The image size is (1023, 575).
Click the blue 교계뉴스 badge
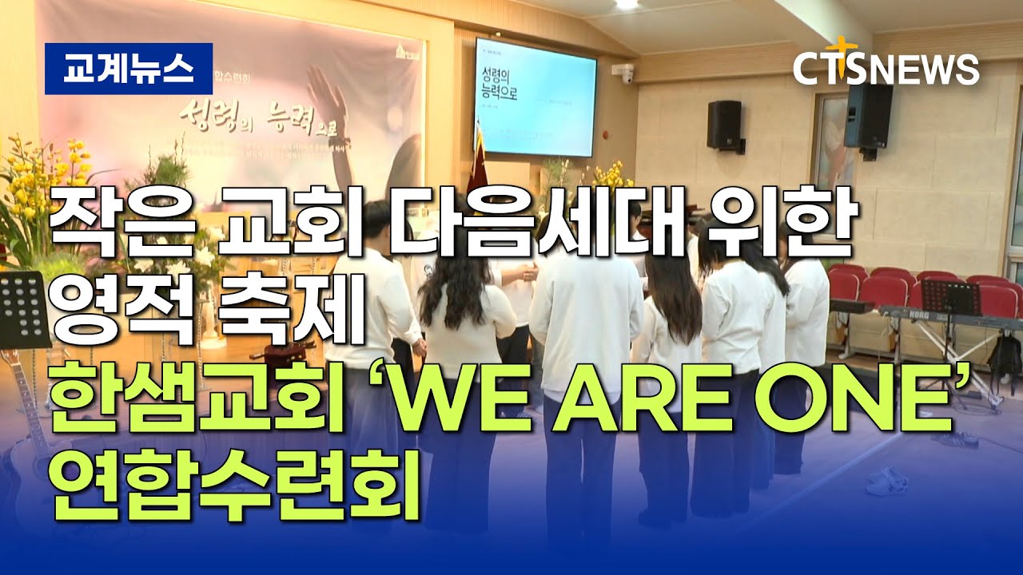[x=128, y=69]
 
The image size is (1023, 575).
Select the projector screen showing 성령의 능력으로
[x=535, y=97]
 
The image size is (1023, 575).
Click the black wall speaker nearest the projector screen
[x=724, y=125]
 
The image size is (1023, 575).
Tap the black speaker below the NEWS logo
[x=868, y=117]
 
